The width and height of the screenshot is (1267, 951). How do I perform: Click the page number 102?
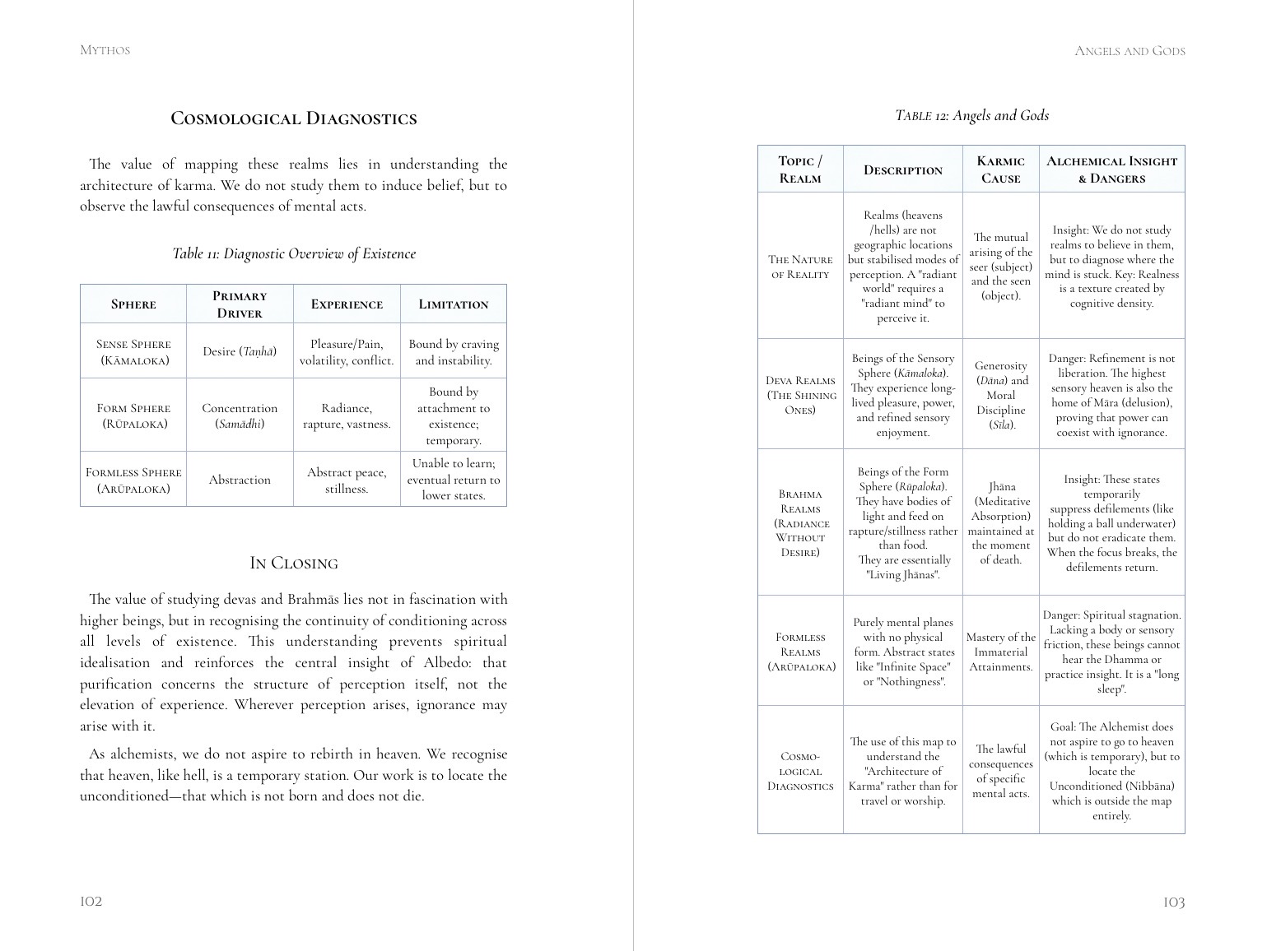91,901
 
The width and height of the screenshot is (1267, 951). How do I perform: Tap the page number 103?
1173,902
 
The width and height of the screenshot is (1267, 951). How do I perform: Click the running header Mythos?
105,50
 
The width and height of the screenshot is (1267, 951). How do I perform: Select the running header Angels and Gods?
1130,51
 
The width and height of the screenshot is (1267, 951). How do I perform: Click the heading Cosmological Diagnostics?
293,118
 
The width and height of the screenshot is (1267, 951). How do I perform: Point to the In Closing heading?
293,564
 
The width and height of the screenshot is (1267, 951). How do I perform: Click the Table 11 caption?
293,253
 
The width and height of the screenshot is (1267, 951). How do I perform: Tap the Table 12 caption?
971,115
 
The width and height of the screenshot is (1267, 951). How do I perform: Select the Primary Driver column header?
240,304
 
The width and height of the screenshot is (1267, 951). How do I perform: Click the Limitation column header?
453,304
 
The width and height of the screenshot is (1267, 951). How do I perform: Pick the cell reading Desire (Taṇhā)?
240,351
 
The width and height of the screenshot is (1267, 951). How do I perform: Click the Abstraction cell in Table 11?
240,480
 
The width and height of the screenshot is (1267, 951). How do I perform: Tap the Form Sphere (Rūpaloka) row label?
133,415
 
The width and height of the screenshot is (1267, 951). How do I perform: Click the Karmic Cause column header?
1000,169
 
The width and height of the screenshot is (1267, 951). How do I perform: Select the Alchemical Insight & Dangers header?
1111,169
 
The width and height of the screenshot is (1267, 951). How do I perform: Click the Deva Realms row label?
800,395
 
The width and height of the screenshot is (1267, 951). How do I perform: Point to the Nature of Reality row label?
800,267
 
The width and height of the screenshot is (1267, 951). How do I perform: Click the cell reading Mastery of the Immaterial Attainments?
1000,652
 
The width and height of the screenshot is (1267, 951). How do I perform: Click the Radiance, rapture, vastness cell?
347,415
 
